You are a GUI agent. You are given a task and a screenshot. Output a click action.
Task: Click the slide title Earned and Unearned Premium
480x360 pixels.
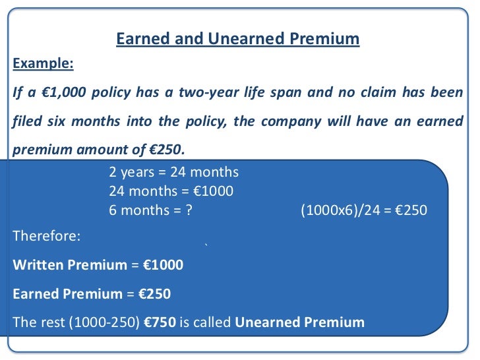click(238, 39)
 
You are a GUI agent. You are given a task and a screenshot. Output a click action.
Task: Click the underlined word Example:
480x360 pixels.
click(44, 64)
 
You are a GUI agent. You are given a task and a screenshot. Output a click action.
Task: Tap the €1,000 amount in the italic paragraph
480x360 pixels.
click(65, 92)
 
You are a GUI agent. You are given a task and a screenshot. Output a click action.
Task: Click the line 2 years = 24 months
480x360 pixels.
click(173, 173)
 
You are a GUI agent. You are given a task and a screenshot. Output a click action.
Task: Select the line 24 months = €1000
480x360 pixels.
click(171, 192)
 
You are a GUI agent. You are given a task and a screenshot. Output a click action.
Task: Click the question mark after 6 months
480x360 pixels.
click(190, 211)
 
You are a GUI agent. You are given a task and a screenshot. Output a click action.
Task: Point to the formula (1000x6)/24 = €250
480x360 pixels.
click(363, 211)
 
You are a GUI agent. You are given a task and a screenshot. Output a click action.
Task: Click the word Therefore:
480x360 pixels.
click(46, 235)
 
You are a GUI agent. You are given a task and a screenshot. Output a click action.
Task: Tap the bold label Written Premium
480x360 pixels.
click(69, 265)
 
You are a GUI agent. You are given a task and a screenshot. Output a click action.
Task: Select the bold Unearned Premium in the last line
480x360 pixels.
click(299, 322)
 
